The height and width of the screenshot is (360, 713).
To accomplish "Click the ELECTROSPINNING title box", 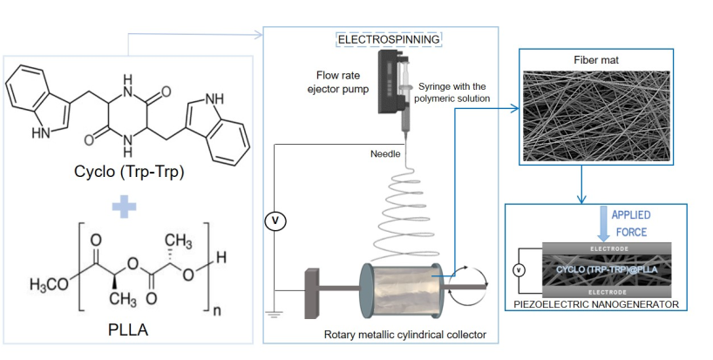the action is [389, 39].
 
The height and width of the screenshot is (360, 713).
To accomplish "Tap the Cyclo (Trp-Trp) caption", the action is [129, 172].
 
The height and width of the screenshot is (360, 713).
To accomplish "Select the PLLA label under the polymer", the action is [128, 329].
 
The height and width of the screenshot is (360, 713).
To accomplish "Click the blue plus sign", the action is [124, 207].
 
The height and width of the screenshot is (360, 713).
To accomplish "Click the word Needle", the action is [385, 153].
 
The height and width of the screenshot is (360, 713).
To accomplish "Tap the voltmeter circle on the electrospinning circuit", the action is [275, 221].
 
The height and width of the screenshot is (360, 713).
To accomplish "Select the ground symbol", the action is [275, 314].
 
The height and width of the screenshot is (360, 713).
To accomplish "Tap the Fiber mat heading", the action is [596, 60].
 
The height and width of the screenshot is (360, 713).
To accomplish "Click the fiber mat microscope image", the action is [596, 116].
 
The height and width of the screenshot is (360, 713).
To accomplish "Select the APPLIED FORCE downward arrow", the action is [603, 224].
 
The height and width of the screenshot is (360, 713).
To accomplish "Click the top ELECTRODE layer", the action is [607, 248].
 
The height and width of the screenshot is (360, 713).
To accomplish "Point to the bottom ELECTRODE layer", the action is [607, 292].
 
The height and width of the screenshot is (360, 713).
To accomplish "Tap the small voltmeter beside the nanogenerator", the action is [519, 270].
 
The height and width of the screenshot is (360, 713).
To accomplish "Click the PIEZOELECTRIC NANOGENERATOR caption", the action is [596, 304].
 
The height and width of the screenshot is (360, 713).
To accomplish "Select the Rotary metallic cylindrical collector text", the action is [404, 335].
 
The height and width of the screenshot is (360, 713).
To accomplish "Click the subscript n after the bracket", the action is [217, 311].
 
